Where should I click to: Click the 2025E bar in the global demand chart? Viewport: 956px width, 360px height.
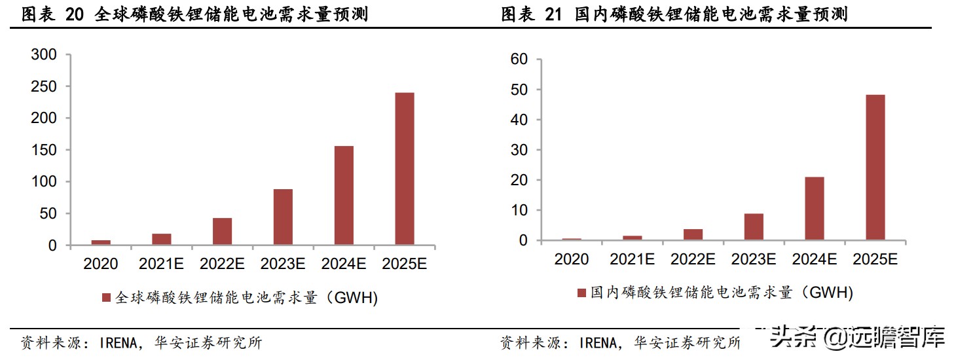click(404, 169)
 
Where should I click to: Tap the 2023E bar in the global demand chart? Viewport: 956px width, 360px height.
click(283, 217)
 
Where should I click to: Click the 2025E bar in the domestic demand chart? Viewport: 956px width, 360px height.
click(875, 168)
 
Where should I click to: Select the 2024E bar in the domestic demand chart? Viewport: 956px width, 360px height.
click(815, 208)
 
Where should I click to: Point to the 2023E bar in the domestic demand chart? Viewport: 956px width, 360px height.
click(754, 226)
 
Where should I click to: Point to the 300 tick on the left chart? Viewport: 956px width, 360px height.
click(44, 55)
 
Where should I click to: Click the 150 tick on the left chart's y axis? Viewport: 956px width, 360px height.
click(44, 150)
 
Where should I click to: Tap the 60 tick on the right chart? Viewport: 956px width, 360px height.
click(519, 60)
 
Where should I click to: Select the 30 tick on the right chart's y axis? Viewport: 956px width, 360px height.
click(519, 150)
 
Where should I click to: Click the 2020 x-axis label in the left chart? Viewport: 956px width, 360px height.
click(101, 264)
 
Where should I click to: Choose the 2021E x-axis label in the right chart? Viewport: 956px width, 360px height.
click(632, 259)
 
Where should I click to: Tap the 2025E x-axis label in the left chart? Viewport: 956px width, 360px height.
click(404, 264)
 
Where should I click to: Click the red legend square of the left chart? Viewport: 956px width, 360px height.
click(105, 298)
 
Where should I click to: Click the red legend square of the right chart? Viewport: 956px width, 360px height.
click(581, 293)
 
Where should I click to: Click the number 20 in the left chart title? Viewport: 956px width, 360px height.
click(75, 14)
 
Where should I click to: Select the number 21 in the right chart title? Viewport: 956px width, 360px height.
click(554, 14)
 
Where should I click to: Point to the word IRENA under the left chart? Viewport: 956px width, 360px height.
click(121, 342)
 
